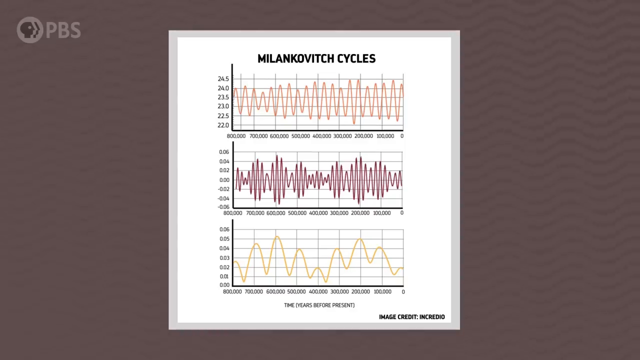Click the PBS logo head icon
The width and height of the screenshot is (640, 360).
(x=29, y=30)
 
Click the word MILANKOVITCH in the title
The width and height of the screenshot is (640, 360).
(x=295, y=58)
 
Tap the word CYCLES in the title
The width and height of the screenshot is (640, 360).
(x=356, y=58)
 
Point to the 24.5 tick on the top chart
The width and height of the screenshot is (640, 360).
(x=223, y=79)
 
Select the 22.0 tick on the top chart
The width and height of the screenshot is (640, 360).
(x=223, y=125)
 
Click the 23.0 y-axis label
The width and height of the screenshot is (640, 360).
(x=223, y=106)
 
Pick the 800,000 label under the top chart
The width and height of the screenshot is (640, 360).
(x=236, y=136)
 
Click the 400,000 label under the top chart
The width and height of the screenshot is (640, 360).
(x=321, y=136)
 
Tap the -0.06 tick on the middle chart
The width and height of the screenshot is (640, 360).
(x=223, y=207)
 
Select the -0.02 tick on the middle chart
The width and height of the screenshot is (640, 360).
(x=223, y=189)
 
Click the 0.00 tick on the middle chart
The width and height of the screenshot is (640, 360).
(x=224, y=180)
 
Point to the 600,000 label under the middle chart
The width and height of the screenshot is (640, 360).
(x=275, y=213)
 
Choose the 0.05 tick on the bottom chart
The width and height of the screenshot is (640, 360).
(x=224, y=239)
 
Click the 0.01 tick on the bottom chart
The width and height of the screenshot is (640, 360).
(x=224, y=276)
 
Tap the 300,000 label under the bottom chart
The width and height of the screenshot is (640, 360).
(x=339, y=291)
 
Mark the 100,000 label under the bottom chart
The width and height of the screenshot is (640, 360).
(x=382, y=291)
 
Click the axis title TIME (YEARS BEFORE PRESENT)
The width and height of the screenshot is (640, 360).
(x=319, y=305)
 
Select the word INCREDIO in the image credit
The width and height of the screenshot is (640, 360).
(x=432, y=317)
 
